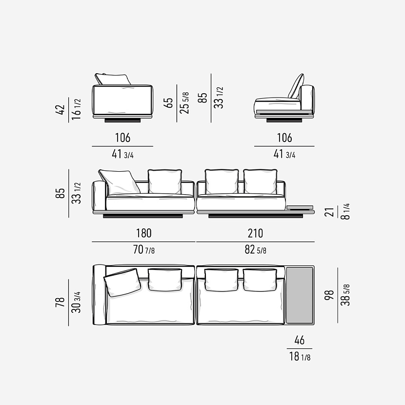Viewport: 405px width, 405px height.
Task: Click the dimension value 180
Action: point(144,233)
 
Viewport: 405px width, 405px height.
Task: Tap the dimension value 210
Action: point(256,233)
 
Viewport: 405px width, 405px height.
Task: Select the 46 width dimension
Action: point(300,340)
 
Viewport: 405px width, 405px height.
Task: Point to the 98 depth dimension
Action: point(329,295)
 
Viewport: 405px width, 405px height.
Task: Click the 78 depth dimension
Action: point(60,302)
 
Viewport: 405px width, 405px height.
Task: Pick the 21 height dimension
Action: point(329,212)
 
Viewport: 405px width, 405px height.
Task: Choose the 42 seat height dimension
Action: point(60,109)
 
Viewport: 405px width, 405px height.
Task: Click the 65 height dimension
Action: point(168,103)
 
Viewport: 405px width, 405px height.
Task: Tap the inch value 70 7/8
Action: point(144,250)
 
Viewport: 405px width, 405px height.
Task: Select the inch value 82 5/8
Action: point(256,250)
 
